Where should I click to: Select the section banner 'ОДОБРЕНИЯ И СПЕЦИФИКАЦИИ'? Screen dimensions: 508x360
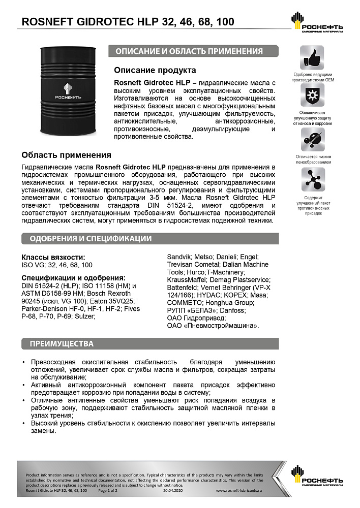[x=91, y=239]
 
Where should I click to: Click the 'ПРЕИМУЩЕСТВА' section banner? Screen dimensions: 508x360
[x=62, y=344]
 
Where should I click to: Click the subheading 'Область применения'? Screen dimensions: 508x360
[x=66, y=155]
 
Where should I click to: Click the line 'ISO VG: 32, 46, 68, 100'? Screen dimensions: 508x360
[x=57, y=265]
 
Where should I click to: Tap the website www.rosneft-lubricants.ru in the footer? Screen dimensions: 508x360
[x=238, y=491]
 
